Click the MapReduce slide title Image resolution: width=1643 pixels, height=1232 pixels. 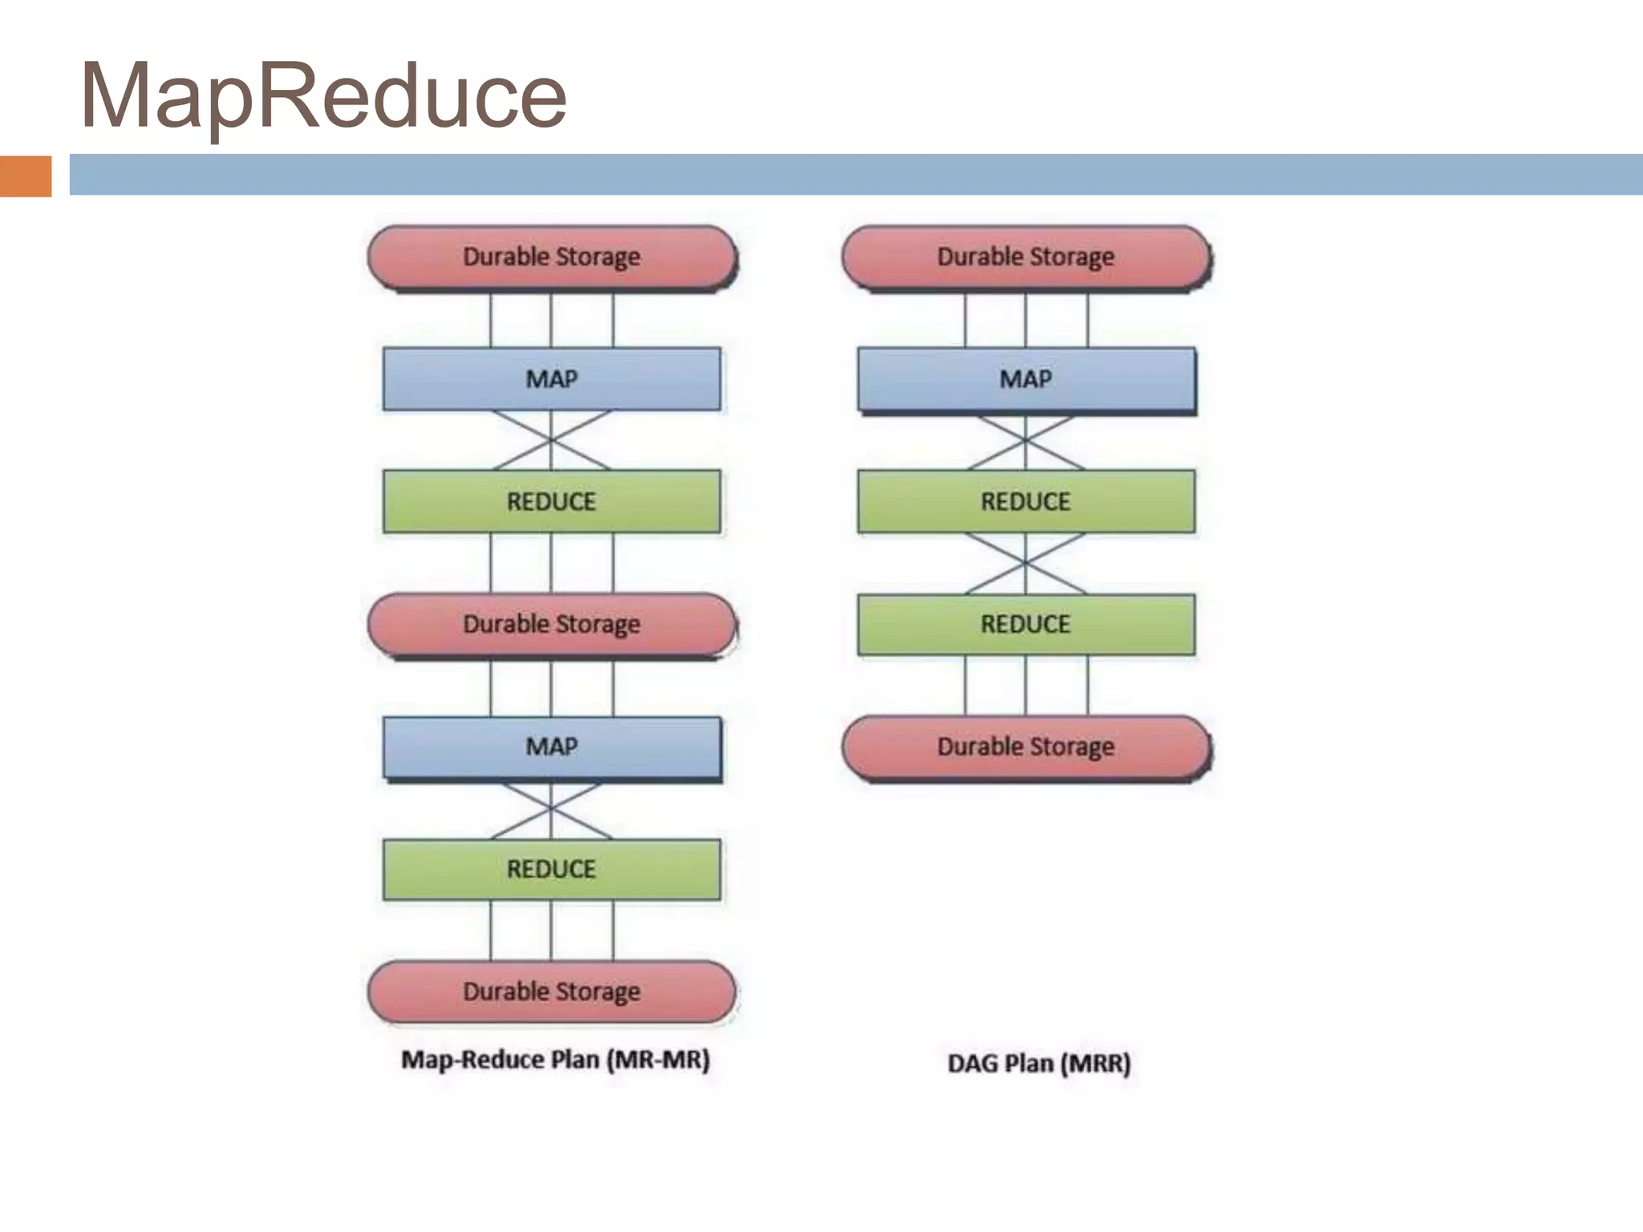pos(324,96)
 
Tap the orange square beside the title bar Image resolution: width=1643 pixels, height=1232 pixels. pos(26,176)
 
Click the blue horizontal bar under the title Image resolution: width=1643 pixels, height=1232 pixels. pos(855,175)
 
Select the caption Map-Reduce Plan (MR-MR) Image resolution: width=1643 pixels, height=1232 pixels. pos(555,1060)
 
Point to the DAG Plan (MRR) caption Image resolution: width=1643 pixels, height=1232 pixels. pos(1039,1064)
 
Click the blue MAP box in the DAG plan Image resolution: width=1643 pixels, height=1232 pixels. pos(1026,379)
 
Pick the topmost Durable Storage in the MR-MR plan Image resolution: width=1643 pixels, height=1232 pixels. pos(552,257)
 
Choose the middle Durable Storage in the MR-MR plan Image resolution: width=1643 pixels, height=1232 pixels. pos(552,624)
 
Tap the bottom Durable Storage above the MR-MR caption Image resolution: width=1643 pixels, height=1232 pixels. pos(552,991)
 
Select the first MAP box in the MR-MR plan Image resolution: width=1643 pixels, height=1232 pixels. pos(552,379)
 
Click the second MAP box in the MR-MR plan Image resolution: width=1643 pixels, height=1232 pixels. pos(552,747)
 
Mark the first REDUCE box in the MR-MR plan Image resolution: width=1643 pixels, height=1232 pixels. pos(552,501)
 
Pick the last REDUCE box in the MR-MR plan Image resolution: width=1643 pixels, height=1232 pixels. pos(552,869)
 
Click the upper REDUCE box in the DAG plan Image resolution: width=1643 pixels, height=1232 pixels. pos(1026,501)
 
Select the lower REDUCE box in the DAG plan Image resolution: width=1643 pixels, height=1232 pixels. pos(1026,624)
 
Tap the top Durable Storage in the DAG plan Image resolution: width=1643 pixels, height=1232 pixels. pos(1026,257)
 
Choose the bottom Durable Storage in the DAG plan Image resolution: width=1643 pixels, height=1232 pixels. pos(1026,747)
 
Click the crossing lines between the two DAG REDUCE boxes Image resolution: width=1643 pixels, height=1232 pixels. pos(1025,564)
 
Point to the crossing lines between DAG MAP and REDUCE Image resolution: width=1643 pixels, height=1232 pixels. pos(1025,441)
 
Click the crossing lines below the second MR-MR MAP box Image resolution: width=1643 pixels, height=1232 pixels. pos(551,810)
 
